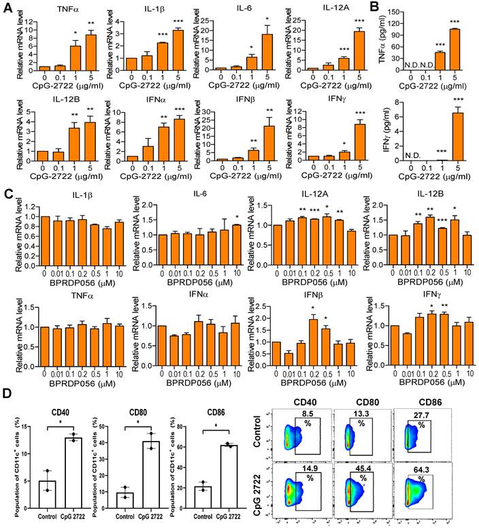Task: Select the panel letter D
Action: (x=7, y=393)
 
